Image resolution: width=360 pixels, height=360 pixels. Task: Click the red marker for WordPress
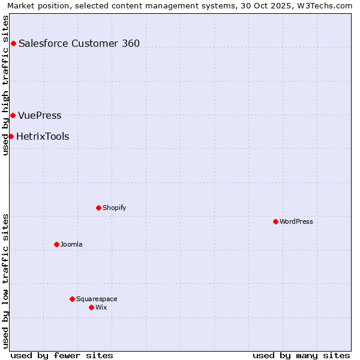point(275,221)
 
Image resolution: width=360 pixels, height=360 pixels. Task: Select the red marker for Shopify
point(98,208)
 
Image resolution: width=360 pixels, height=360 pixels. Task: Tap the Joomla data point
point(56,244)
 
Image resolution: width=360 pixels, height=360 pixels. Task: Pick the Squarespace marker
point(72,299)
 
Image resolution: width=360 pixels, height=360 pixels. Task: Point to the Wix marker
point(91,307)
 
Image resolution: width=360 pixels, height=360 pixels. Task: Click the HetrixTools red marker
point(11,136)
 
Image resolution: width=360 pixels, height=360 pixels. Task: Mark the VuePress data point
point(13,115)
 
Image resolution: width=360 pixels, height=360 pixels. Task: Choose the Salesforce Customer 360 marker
point(13,43)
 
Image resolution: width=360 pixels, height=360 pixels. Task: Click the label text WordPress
point(296,221)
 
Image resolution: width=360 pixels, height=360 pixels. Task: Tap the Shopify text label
point(115,208)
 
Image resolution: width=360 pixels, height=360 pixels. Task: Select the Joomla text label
point(71,244)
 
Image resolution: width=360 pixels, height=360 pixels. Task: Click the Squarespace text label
point(97,299)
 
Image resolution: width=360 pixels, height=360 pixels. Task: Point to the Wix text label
point(101,307)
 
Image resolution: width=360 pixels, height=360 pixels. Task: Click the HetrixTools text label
point(43,136)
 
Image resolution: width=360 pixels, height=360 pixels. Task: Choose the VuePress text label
point(40,115)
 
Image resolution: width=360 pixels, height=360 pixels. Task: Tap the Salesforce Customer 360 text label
point(79,43)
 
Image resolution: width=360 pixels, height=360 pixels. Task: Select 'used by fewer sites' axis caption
point(62,355)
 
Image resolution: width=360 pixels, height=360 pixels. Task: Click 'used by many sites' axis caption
point(301,355)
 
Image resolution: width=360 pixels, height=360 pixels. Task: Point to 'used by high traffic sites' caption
point(6,85)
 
